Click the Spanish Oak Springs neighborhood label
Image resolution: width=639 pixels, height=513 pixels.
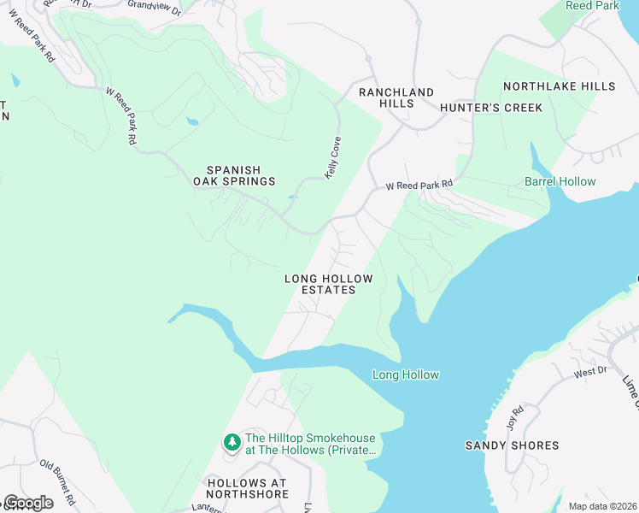click(x=232, y=175)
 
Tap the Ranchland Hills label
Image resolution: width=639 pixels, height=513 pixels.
click(x=396, y=97)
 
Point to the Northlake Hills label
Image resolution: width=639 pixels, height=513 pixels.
click(x=559, y=86)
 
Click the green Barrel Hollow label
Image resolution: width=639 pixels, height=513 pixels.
click(x=560, y=181)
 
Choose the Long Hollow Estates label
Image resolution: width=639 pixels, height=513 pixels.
click(x=328, y=285)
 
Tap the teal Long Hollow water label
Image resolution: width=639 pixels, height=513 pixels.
click(x=406, y=374)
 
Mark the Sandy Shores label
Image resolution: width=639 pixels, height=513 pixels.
click(x=512, y=445)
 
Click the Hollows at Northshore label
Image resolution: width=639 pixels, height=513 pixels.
click(x=248, y=488)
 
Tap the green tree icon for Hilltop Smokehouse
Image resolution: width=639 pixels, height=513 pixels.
click(x=232, y=442)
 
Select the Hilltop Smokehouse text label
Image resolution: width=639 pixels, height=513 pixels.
click(x=310, y=444)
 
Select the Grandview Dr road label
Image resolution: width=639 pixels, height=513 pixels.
click(x=155, y=7)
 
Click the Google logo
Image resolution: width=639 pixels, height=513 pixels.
click(x=27, y=503)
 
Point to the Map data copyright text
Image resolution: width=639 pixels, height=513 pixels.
click(x=602, y=506)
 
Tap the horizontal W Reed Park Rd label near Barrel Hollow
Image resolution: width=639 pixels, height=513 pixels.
click(x=419, y=185)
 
